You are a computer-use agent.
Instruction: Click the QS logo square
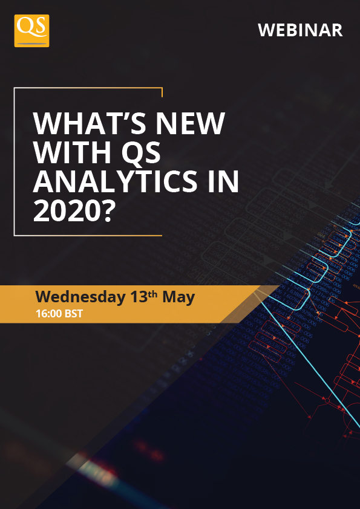[31, 31]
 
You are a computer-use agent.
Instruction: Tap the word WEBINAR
[300, 30]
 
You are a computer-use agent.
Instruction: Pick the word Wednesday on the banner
[80, 297]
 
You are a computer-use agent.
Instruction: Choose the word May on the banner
[178, 297]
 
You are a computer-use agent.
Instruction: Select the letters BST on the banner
[74, 314]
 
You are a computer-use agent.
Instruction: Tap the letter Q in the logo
[25, 28]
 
